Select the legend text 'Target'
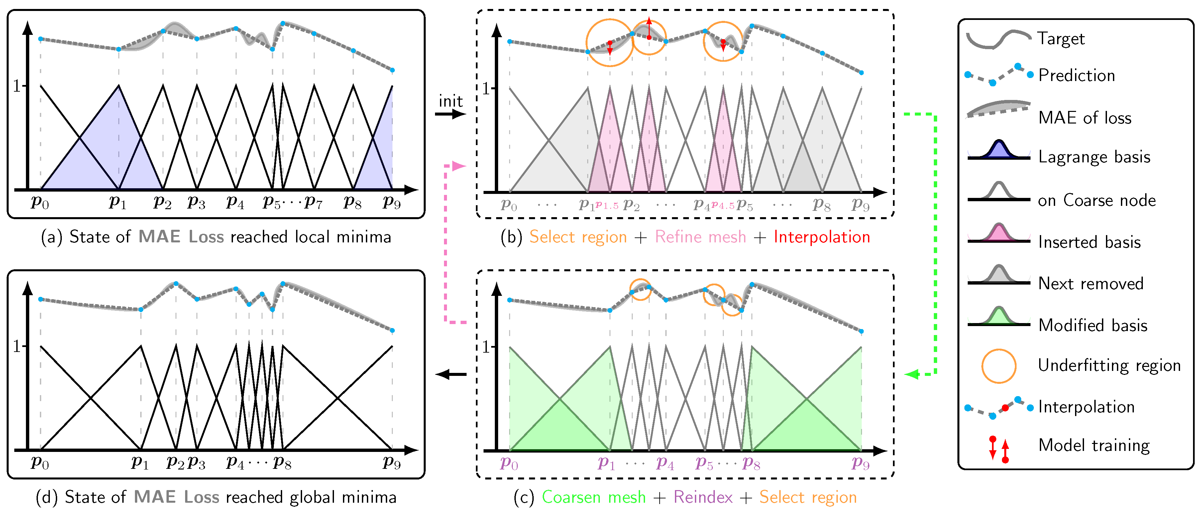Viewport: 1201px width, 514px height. (x=1061, y=39)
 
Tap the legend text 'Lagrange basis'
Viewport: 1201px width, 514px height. (x=1094, y=157)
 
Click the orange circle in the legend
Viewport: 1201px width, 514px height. (x=999, y=366)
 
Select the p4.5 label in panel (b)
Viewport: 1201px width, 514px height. (x=723, y=206)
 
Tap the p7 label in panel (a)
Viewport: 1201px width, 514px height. (x=313, y=203)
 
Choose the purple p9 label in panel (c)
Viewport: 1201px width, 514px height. (x=860, y=464)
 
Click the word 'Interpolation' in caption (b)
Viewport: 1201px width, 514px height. (x=821, y=237)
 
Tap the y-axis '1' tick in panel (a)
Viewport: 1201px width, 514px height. (x=17, y=86)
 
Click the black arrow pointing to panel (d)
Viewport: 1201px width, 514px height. (x=450, y=374)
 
